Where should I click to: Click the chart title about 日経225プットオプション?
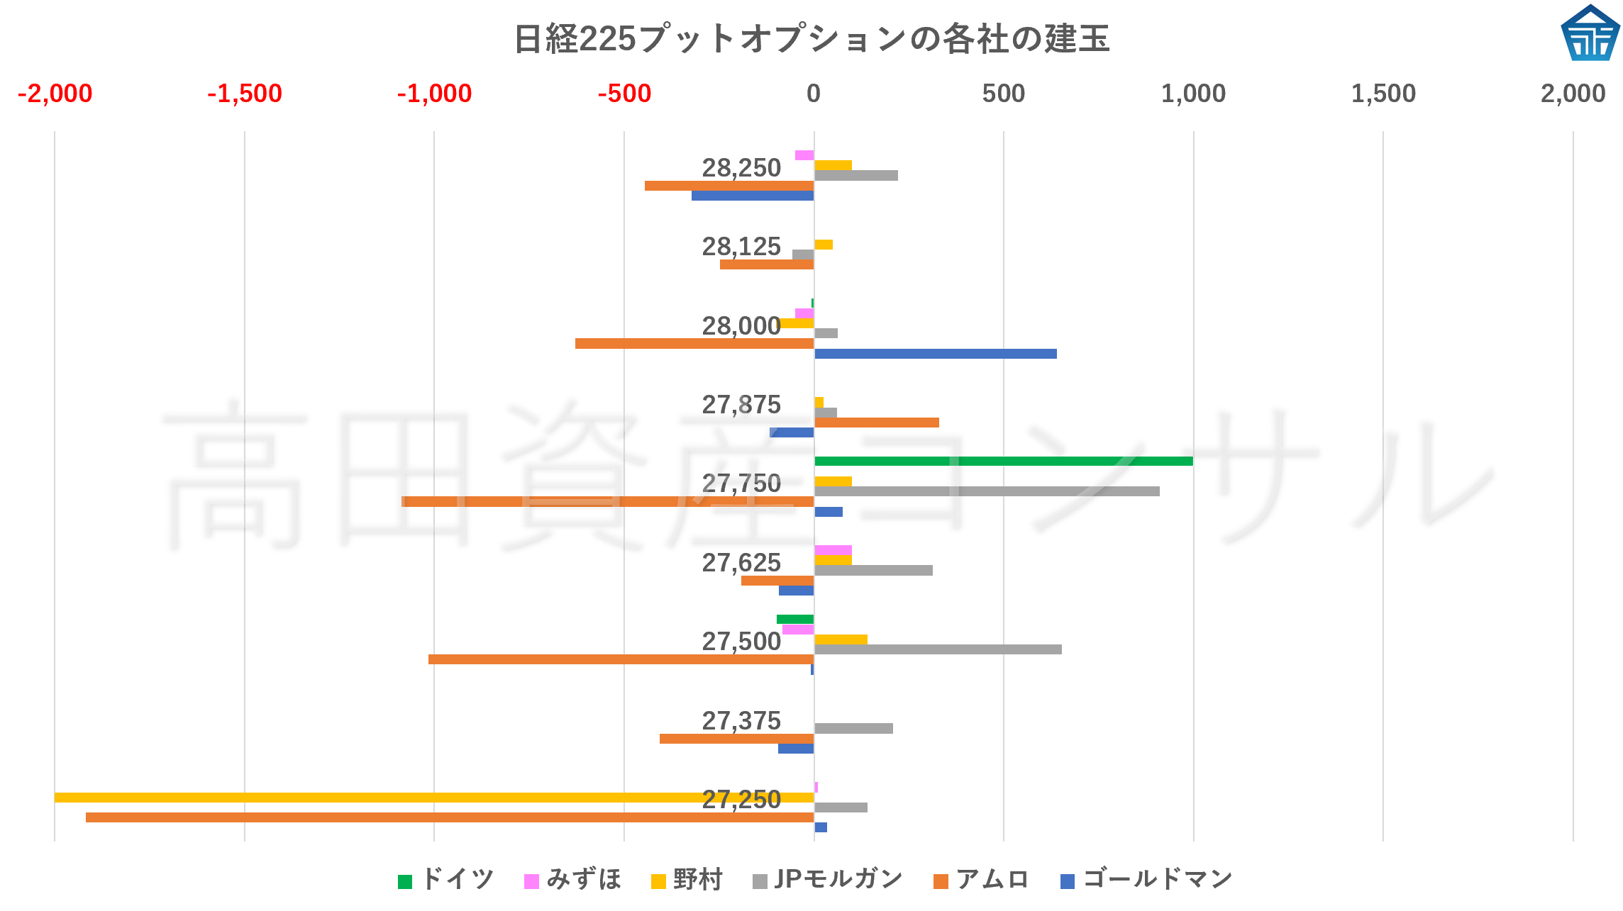[x=811, y=38]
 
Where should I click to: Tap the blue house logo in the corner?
[x=1590, y=33]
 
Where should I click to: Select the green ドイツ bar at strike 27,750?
[x=1003, y=462]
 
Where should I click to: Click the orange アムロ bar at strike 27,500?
[x=621, y=659]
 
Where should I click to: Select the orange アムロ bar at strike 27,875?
[x=876, y=423]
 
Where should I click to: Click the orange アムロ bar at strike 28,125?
[x=767, y=264]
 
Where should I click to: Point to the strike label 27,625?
[x=741, y=563]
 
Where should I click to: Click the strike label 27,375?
[x=741, y=721]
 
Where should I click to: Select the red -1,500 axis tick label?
[x=244, y=94]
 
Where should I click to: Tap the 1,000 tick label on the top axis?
[x=1193, y=94]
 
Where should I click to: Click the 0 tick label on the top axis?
[x=814, y=94]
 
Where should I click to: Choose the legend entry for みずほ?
[x=573, y=880]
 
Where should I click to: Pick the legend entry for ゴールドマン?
[x=1146, y=880]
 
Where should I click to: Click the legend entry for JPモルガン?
[x=827, y=880]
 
